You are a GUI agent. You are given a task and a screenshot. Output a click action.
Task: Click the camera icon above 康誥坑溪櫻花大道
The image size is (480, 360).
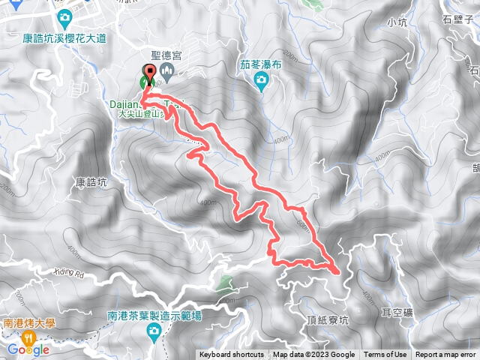pos(64,16)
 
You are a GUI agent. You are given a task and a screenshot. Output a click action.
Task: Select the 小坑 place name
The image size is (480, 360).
pos(397,22)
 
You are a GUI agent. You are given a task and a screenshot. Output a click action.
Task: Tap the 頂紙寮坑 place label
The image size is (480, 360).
pos(328,319)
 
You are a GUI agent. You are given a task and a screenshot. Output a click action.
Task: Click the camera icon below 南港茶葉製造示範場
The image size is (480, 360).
pos(154,334)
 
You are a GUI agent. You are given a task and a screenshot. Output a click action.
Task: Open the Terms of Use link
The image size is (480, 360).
pos(385,355)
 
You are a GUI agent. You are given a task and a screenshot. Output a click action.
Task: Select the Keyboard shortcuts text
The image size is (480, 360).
pos(231,355)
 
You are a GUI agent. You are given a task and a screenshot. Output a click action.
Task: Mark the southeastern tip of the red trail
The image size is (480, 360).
pos(337,270)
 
